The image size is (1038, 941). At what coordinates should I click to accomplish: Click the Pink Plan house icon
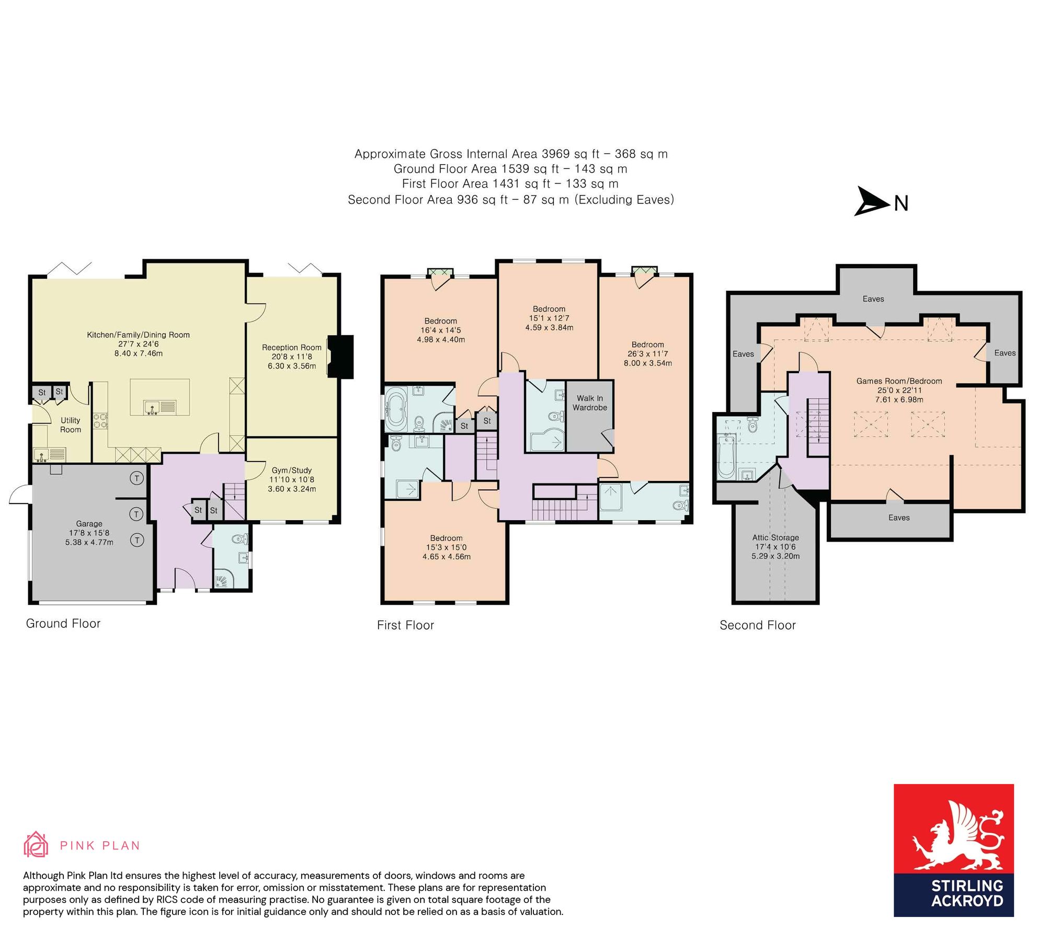(x=36, y=845)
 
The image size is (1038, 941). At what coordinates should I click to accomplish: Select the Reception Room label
(x=291, y=347)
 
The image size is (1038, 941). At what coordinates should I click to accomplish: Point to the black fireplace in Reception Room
(x=340, y=357)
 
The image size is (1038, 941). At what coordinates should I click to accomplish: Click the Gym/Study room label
(x=291, y=470)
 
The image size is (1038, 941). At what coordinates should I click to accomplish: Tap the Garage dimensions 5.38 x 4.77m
(x=89, y=542)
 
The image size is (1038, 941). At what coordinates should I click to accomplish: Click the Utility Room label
(x=70, y=424)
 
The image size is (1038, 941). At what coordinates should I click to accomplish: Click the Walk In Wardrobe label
(x=589, y=403)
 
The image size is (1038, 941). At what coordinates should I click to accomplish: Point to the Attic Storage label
(x=775, y=537)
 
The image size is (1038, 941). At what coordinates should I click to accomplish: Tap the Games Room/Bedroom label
(x=898, y=381)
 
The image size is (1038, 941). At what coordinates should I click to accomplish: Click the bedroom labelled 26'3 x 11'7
(x=647, y=353)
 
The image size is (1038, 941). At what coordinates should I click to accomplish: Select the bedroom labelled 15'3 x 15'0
(x=446, y=547)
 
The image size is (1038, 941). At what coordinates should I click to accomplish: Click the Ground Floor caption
(x=63, y=623)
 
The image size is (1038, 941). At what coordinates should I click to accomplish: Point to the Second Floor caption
(x=757, y=625)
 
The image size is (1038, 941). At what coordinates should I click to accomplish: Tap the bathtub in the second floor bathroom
(x=726, y=457)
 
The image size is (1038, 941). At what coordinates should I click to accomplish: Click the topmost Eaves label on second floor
(x=873, y=299)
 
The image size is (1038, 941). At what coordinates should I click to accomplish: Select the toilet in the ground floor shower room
(x=239, y=538)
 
